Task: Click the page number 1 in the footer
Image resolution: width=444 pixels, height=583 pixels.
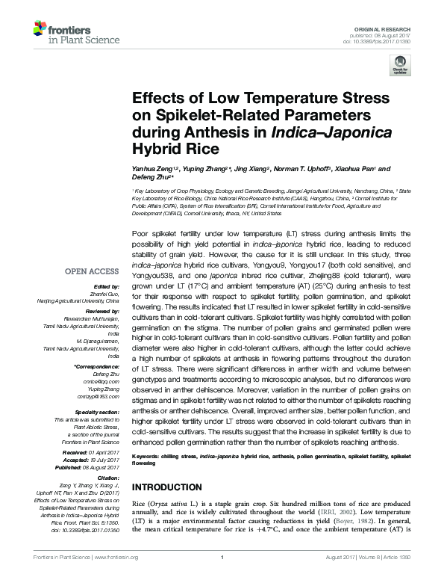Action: coord(222,576)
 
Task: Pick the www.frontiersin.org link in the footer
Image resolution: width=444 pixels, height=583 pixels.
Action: coord(115,576)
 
